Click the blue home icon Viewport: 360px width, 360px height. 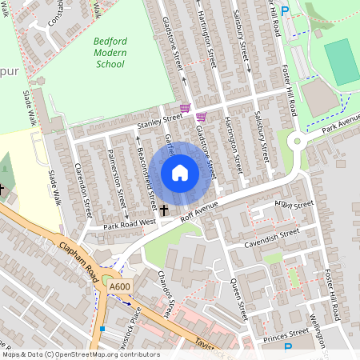(180, 173)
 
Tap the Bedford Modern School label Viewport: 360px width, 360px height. (109, 51)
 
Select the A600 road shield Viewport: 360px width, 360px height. (120, 286)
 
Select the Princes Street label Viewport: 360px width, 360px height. (286, 334)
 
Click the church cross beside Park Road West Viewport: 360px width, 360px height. (165, 210)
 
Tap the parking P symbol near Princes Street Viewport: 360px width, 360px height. (289, 347)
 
